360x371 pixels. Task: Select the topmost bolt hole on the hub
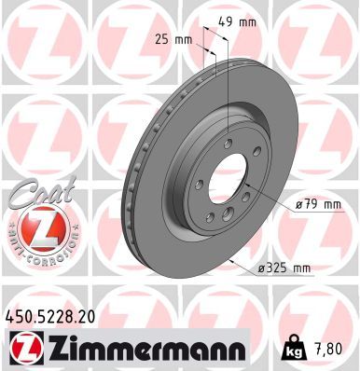click(x=228, y=143)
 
